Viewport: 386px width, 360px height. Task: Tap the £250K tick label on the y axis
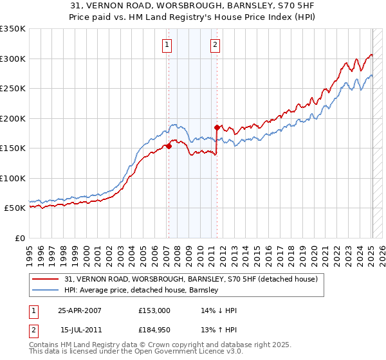coord(13,89)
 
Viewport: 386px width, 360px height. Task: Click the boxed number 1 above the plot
coord(167,45)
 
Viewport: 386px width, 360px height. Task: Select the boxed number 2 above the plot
coord(214,45)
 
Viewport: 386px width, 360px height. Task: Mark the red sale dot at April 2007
coord(169,147)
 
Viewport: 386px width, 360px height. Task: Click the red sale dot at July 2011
coord(217,127)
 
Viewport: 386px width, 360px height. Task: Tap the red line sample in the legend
coord(46,280)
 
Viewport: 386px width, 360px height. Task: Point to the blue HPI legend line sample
coord(46,291)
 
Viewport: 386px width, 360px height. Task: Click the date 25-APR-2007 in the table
coord(80,310)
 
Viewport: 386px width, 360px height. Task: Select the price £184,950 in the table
coord(154,330)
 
